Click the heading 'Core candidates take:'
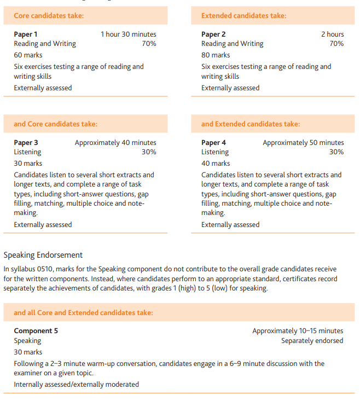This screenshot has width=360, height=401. [49, 15]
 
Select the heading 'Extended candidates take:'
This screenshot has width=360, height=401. [243, 15]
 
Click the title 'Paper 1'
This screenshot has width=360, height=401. [26, 34]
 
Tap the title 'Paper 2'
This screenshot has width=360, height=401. [213, 34]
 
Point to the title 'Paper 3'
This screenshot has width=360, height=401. [26, 143]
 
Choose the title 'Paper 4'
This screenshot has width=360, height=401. [213, 143]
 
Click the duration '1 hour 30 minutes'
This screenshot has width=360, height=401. [128, 34]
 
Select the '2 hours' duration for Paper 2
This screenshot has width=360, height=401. [332, 34]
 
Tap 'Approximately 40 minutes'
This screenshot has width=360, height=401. [115, 143]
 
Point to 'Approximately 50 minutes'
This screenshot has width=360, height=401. [303, 143]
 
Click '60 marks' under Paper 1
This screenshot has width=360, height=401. [28, 55]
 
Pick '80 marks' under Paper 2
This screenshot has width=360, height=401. [216, 55]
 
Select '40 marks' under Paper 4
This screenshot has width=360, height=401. [216, 163]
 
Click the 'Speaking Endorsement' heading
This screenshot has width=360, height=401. [43, 255]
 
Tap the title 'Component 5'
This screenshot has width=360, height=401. [36, 330]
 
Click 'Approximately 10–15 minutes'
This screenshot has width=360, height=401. [298, 330]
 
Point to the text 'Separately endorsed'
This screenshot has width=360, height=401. [312, 340]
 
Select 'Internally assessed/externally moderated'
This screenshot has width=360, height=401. [76, 384]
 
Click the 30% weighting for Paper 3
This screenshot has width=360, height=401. [149, 152]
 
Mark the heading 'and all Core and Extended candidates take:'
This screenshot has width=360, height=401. [83, 313]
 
